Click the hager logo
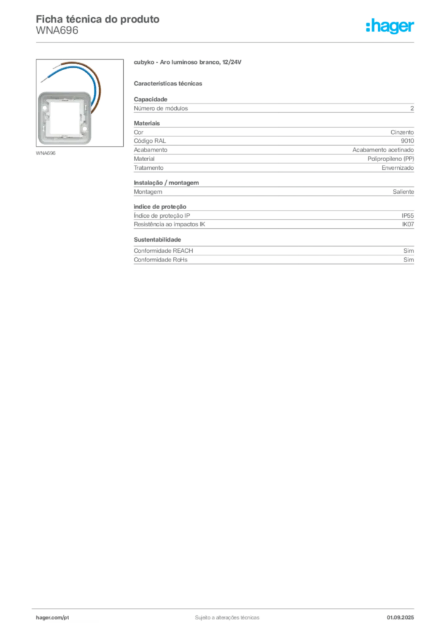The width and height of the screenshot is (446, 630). [x=389, y=26]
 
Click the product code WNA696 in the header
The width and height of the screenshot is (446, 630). [x=57, y=31]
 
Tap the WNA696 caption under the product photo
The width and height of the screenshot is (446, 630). [x=46, y=153]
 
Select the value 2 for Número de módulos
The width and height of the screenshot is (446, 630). [x=412, y=108]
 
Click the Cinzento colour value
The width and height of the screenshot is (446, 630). [x=402, y=132]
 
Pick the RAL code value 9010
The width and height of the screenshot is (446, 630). [x=407, y=141]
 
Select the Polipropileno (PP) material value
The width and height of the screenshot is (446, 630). [x=391, y=159]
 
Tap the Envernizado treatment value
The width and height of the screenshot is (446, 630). [x=398, y=168]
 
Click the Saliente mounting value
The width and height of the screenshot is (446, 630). [x=403, y=192]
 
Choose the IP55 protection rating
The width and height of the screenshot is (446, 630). [x=408, y=216]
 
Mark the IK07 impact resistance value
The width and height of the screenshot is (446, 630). [x=408, y=225]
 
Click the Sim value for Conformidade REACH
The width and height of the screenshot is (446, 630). [x=408, y=251]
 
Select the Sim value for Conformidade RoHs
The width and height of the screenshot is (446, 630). [x=408, y=260]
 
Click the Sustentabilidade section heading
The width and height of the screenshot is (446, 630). [x=157, y=240]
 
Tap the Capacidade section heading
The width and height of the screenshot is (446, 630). [x=150, y=99]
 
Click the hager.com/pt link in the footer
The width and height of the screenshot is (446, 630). [x=52, y=618]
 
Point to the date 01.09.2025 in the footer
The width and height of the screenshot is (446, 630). [x=400, y=618]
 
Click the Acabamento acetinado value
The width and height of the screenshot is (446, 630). [x=383, y=150]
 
